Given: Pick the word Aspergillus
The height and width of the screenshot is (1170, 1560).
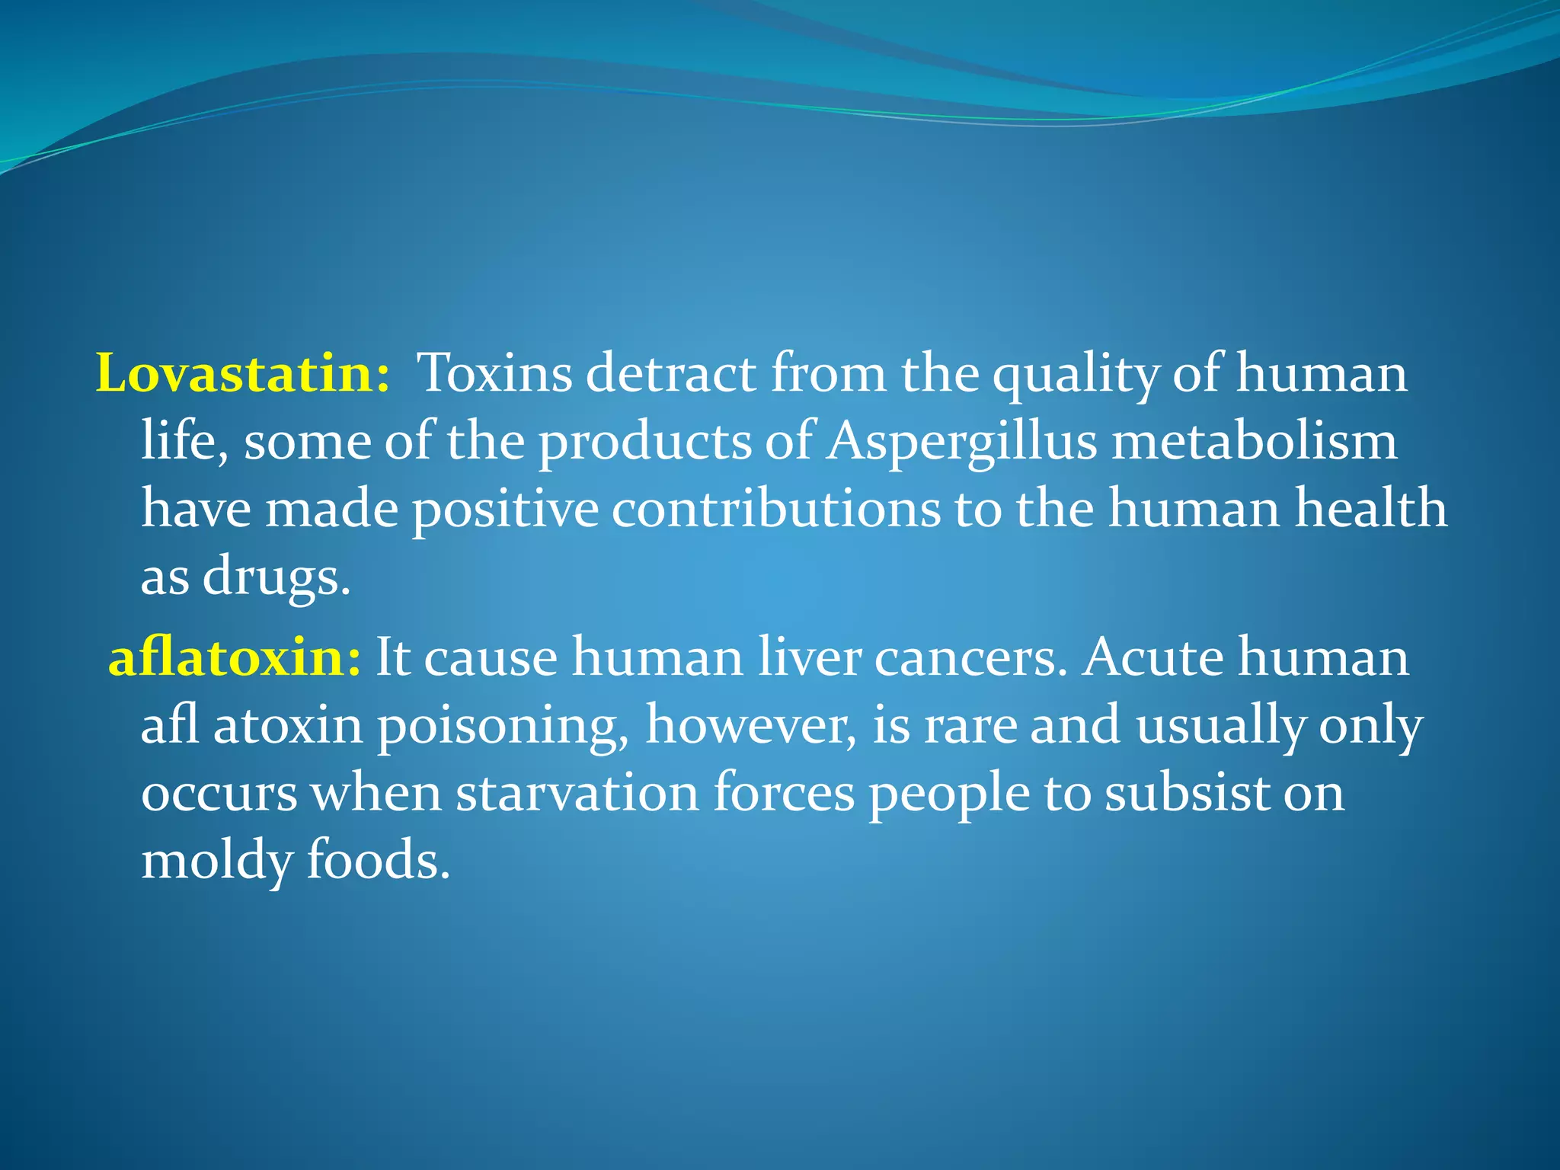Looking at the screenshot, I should tap(962, 443).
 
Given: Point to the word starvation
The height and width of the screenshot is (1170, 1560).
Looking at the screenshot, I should tap(577, 792).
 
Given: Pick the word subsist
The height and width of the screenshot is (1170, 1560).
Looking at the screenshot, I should tap(1188, 792).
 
